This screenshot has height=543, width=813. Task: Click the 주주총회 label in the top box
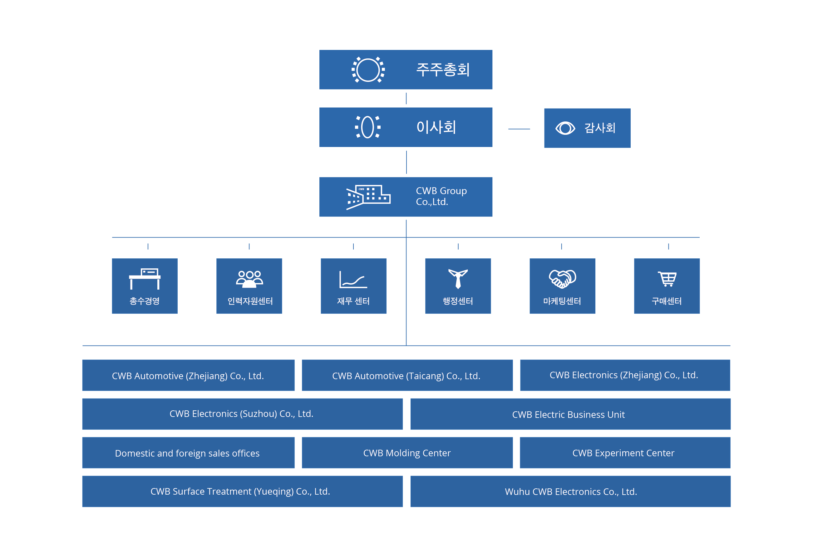point(443,70)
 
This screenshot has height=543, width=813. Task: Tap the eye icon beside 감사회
point(565,128)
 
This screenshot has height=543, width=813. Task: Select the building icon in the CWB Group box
point(368,197)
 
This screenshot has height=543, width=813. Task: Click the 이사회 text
point(436,127)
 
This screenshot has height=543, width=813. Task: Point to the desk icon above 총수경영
point(145,279)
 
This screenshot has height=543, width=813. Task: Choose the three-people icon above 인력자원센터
point(249,279)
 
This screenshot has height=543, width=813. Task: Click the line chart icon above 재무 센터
point(353,280)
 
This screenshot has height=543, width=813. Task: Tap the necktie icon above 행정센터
point(458,279)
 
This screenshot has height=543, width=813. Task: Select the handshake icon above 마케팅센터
point(562,279)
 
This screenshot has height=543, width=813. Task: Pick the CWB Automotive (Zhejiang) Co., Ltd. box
point(189,375)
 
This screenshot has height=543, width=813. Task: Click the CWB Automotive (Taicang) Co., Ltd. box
point(407,375)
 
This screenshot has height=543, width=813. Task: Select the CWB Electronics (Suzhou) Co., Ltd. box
point(243,414)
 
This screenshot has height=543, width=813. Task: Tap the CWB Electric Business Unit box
point(570,414)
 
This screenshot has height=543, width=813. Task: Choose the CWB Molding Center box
point(407,453)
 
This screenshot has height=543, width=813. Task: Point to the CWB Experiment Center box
point(625,453)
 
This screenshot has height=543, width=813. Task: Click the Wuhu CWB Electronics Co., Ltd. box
point(570,492)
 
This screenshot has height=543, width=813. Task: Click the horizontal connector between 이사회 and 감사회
point(519,129)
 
